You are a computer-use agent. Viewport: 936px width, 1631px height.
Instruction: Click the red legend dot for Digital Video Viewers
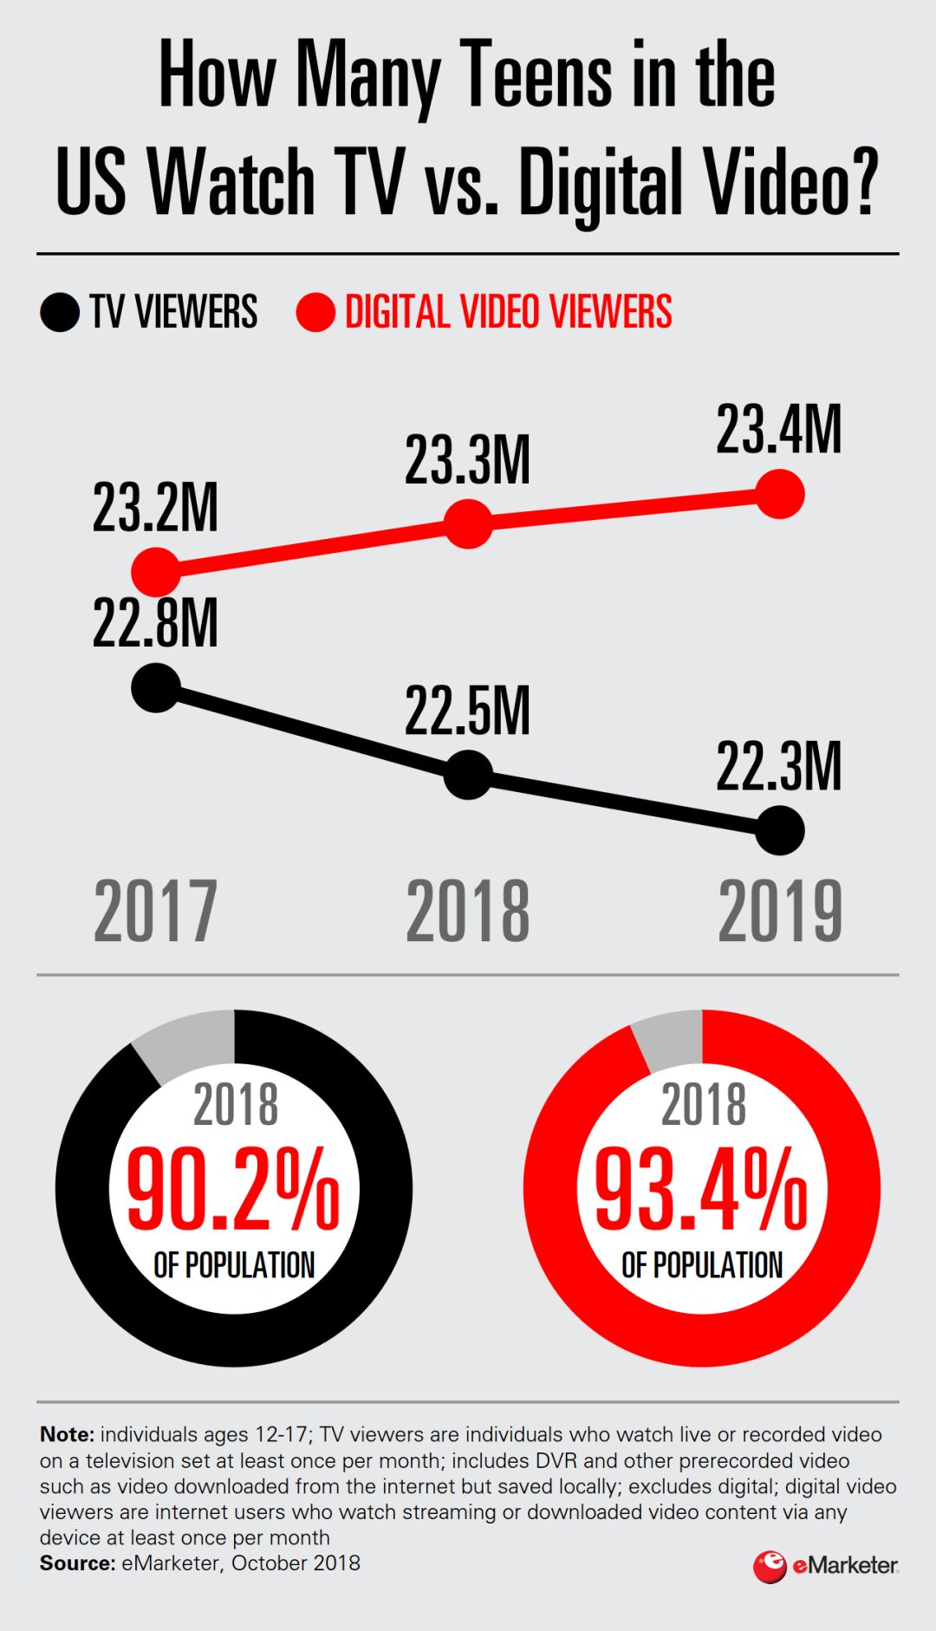pyautogui.click(x=315, y=313)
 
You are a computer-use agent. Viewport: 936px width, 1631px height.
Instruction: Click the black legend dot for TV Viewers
pyautogui.click(x=60, y=313)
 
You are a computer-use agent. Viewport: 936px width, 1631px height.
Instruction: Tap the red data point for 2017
pyautogui.click(x=156, y=571)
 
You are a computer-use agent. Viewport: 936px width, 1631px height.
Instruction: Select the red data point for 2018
pyautogui.click(x=468, y=523)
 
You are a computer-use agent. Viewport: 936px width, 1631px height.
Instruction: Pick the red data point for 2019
pyautogui.click(x=780, y=494)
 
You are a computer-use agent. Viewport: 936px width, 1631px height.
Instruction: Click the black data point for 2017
pyautogui.click(x=156, y=688)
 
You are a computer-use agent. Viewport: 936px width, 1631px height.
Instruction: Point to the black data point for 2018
pyautogui.click(x=468, y=774)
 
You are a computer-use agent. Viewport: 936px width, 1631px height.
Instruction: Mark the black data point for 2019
pyautogui.click(x=780, y=830)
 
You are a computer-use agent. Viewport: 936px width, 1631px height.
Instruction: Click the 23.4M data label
pyautogui.click(x=778, y=430)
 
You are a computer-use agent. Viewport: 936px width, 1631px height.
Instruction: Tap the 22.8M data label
pyautogui.click(x=155, y=623)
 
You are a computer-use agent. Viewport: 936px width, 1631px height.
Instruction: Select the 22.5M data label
pyautogui.click(x=467, y=712)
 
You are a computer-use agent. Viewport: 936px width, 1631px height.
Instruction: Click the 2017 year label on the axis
pyautogui.click(x=155, y=911)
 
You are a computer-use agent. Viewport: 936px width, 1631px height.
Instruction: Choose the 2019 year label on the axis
pyautogui.click(x=780, y=911)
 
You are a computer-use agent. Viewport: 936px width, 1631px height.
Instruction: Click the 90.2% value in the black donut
pyautogui.click(x=233, y=1188)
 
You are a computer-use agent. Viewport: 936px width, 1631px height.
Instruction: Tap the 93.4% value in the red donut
pyautogui.click(x=701, y=1188)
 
